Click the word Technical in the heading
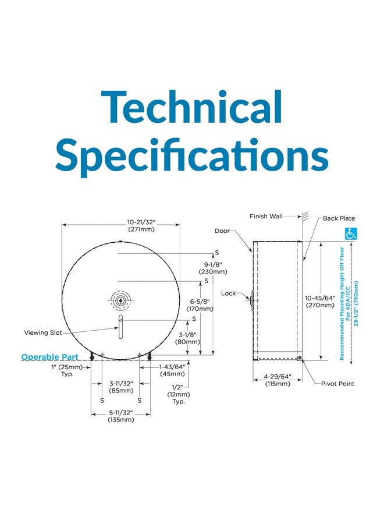(191, 108)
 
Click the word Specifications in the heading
(192, 155)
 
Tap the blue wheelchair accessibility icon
(351, 233)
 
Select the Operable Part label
(50, 357)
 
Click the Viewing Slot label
(43, 332)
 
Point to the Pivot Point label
(337, 384)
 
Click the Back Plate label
(339, 218)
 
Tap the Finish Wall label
(266, 216)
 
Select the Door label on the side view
(222, 231)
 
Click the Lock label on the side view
(229, 293)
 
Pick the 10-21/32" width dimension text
(141, 222)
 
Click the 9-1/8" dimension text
(213, 264)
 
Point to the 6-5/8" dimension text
(200, 302)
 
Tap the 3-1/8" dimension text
(187, 335)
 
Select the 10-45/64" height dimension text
(320, 298)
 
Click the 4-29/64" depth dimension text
(278, 377)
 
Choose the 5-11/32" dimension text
(121, 413)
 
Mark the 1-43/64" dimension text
(172, 367)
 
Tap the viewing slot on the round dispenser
(120, 327)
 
